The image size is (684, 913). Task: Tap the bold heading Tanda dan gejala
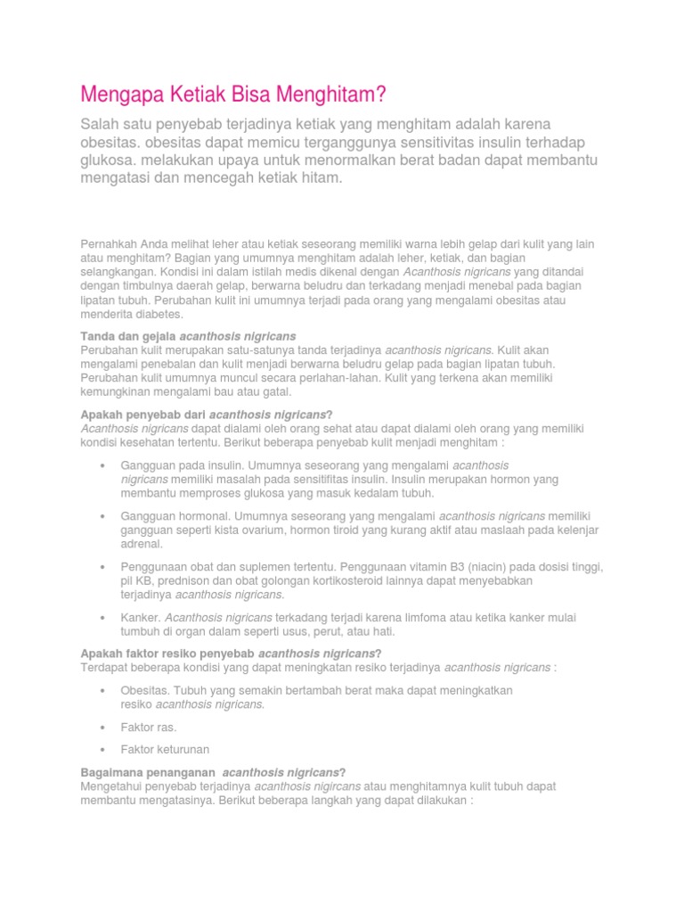(x=128, y=336)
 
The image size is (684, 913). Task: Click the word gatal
(x=269, y=392)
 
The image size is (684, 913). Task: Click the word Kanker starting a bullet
(x=139, y=617)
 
